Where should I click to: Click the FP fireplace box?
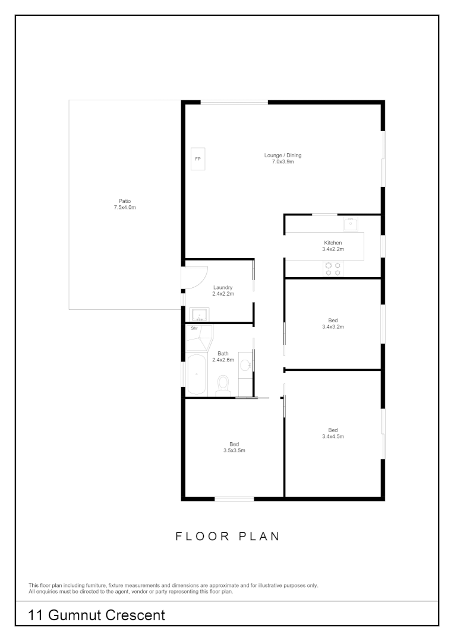tap(198, 159)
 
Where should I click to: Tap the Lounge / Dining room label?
tap(283, 158)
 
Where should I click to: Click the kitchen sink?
tap(351, 224)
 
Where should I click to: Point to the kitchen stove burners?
tap(333, 269)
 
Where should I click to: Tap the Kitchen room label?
tap(333, 246)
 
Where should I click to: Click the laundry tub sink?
tap(198, 314)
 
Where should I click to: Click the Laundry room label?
tap(223, 290)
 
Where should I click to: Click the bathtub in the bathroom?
tap(196, 374)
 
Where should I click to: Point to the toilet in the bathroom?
tap(223, 385)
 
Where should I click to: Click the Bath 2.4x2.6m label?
tap(223, 356)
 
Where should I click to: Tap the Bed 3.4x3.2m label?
tap(333, 323)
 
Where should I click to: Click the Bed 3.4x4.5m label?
tap(333, 433)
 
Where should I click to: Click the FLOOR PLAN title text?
tap(227, 537)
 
